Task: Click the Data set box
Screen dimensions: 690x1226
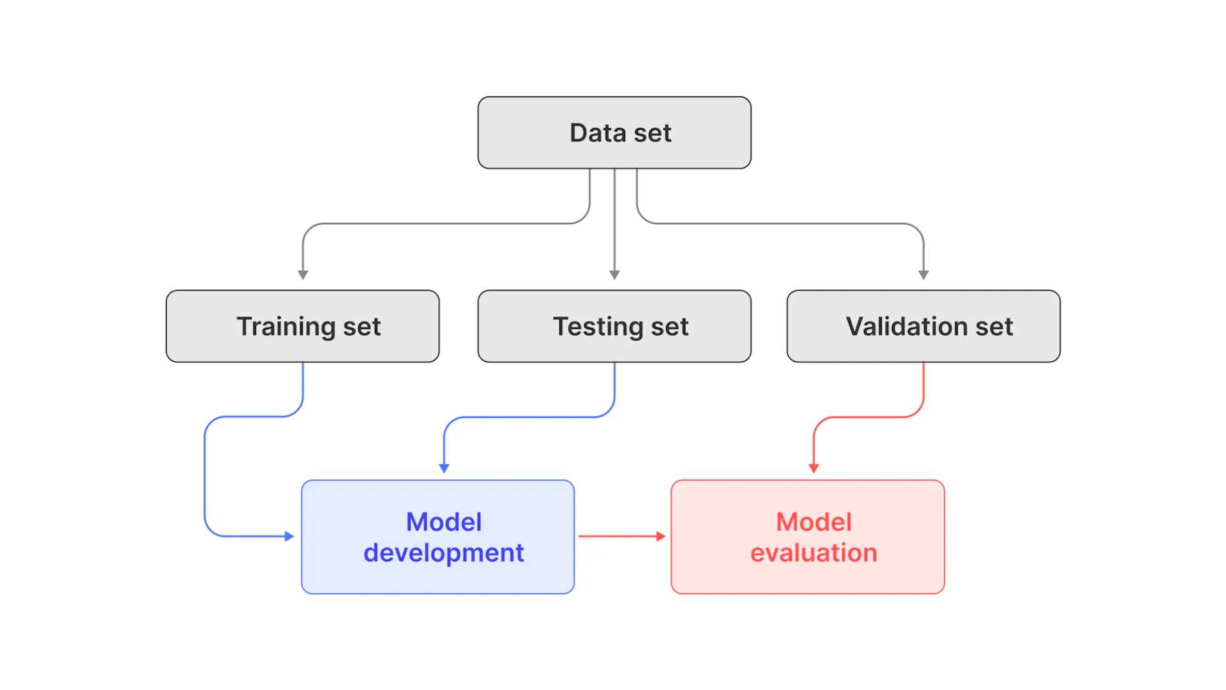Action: pyautogui.click(x=614, y=133)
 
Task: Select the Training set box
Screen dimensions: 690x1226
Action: pyautogui.click(x=303, y=326)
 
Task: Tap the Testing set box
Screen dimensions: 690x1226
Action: pyautogui.click(x=614, y=326)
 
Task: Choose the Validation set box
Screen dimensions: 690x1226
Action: pyautogui.click(x=923, y=326)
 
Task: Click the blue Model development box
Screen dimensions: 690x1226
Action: pyautogui.click(x=438, y=537)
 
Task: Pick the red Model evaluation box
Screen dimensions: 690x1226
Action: pyautogui.click(x=808, y=537)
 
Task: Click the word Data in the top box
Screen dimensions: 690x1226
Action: pyautogui.click(x=598, y=133)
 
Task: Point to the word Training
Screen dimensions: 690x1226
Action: pyautogui.click(x=286, y=326)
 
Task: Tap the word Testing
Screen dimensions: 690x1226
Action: pyautogui.click(x=598, y=326)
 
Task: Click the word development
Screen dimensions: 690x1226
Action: pyautogui.click(x=444, y=553)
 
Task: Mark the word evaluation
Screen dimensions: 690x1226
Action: pyautogui.click(x=814, y=553)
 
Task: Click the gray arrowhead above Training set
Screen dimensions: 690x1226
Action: pyautogui.click(x=303, y=275)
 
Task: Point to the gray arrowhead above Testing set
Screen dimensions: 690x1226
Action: pyautogui.click(x=614, y=275)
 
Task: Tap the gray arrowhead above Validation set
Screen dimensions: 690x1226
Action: pyautogui.click(x=923, y=275)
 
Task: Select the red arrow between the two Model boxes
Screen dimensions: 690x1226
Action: pyautogui.click(x=621, y=536)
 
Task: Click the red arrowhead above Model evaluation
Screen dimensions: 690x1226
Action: pyautogui.click(x=814, y=468)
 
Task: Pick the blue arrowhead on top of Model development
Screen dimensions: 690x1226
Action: pyautogui.click(x=444, y=468)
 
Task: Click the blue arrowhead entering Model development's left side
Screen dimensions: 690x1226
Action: pyautogui.click(x=289, y=536)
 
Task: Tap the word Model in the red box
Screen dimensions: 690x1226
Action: pyautogui.click(x=814, y=522)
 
